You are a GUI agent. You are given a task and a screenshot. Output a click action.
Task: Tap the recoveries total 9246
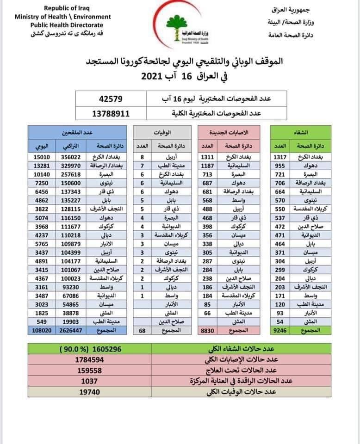tap(280, 331)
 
